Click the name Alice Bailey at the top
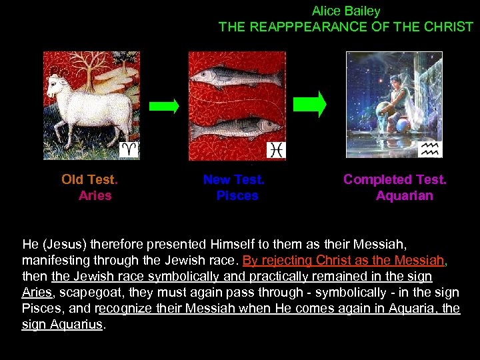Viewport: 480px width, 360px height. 346,11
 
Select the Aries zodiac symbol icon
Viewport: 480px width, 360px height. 129,149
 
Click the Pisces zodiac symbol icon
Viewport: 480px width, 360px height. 276,150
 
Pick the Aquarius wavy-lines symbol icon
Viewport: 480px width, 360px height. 430,149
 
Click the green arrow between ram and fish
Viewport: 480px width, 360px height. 163,105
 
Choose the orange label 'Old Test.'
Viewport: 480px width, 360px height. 89,179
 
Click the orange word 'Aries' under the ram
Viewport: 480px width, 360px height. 95,196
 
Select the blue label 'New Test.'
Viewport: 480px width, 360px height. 234,179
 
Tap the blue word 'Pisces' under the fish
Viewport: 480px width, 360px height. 237,196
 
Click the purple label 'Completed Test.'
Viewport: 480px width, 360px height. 395,179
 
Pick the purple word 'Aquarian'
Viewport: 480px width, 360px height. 404,196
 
